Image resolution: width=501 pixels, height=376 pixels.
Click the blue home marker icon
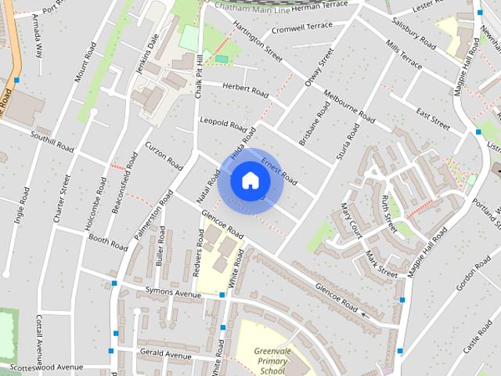point(249,180)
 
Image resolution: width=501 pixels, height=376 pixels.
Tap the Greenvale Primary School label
point(272,361)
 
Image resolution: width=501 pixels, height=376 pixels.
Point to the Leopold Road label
point(223,123)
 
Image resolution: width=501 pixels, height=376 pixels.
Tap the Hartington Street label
point(258,43)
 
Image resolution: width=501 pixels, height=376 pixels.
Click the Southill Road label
point(52,141)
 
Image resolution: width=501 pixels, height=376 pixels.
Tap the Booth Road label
point(107,241)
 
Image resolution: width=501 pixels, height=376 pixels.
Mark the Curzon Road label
point(164,156)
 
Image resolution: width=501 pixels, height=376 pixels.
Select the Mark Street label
point(382,263)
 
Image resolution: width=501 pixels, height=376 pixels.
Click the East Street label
point(433,117)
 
